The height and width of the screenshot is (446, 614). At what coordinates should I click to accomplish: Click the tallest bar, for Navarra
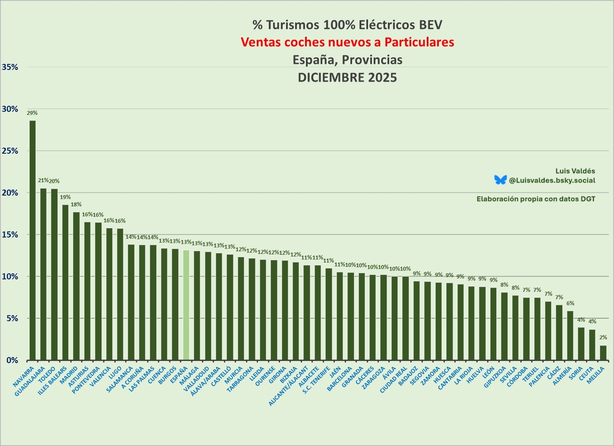32,240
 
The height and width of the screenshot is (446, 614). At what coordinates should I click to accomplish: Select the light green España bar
186,305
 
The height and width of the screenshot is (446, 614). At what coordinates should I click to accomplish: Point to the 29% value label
32,113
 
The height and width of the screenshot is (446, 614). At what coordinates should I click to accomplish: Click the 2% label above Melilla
603,338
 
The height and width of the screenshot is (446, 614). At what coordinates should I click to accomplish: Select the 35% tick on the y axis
10,67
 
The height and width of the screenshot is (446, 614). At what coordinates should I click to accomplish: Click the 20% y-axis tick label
10,193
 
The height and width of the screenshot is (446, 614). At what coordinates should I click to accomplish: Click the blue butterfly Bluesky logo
501,180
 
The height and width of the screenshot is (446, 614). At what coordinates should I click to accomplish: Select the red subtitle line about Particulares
347,42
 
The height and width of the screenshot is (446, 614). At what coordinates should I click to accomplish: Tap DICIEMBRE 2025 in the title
347,77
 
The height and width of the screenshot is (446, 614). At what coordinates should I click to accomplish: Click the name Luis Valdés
575,171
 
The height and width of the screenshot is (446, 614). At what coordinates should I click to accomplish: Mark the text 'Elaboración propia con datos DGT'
536,199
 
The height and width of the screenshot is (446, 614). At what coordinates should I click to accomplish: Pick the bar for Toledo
54,274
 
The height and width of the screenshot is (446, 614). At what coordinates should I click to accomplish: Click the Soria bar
581,344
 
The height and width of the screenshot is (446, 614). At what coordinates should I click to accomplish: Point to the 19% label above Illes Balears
65,197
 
